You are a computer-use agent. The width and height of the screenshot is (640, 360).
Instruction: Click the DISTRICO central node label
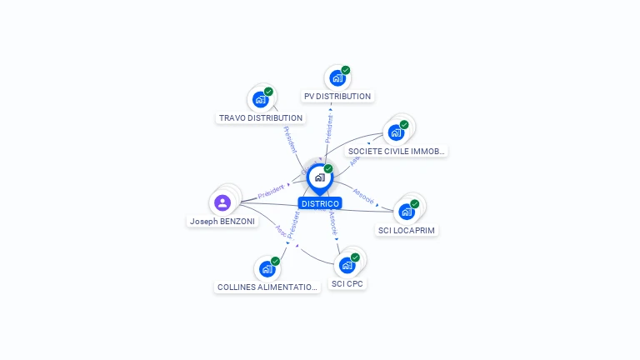tap(320, 203)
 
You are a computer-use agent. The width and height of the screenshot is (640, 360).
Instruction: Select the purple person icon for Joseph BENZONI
tap(222, 202)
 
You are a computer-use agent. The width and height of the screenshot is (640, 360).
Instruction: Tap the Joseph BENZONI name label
tap(222, 222)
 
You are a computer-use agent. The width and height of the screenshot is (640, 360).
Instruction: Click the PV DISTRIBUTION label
tap(337, 96)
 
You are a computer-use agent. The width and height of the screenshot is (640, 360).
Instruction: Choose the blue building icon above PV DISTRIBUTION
tap(337, 78)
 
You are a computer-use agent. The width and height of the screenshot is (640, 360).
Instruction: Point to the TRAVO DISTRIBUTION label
tap(260, 118)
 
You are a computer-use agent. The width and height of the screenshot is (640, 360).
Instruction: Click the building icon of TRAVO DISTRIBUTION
tap(260, 100)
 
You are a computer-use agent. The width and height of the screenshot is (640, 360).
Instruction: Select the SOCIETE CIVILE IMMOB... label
tap(396, 152)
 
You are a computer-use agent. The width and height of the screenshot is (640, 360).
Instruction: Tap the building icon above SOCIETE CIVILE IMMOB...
tap(396, 132)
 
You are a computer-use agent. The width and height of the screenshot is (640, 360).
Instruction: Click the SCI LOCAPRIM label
tap(407, 230)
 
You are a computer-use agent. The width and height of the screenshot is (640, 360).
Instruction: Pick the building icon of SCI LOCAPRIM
tap(407, 211)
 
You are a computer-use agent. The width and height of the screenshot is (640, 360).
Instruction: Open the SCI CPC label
tap(347, 283)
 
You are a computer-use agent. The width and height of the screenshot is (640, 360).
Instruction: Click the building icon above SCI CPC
tap(347, 266)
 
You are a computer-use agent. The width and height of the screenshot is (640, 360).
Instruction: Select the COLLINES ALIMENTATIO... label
tap(267, 287)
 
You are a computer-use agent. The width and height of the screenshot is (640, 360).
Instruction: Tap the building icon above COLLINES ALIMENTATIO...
tap(267, 269)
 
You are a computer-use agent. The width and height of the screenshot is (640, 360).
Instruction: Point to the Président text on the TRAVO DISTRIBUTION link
tap(291, 139)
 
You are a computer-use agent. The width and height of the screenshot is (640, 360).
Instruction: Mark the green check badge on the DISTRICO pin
tap(328, 168)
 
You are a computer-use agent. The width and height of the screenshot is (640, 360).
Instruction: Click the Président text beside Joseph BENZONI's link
tap(271, 191)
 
